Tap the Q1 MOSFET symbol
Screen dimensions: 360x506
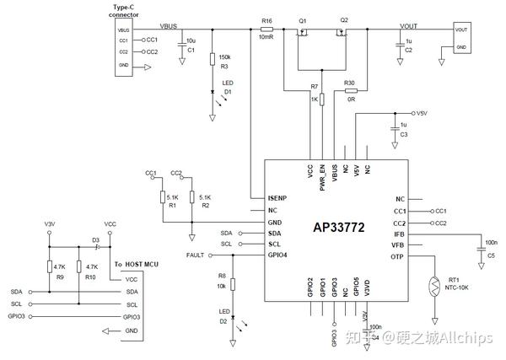[303, 34]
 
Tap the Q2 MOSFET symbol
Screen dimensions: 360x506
[343, 34]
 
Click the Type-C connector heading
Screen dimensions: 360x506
[124, 12]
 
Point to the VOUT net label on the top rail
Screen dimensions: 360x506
[408, 25]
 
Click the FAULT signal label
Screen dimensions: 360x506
[196, 255]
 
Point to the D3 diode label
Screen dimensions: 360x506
[96, 240]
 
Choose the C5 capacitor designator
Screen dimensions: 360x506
[491, 255]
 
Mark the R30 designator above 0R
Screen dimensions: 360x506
[349, 83]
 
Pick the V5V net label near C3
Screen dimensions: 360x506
[423, 112]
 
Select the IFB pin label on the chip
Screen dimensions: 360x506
[400, 234]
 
